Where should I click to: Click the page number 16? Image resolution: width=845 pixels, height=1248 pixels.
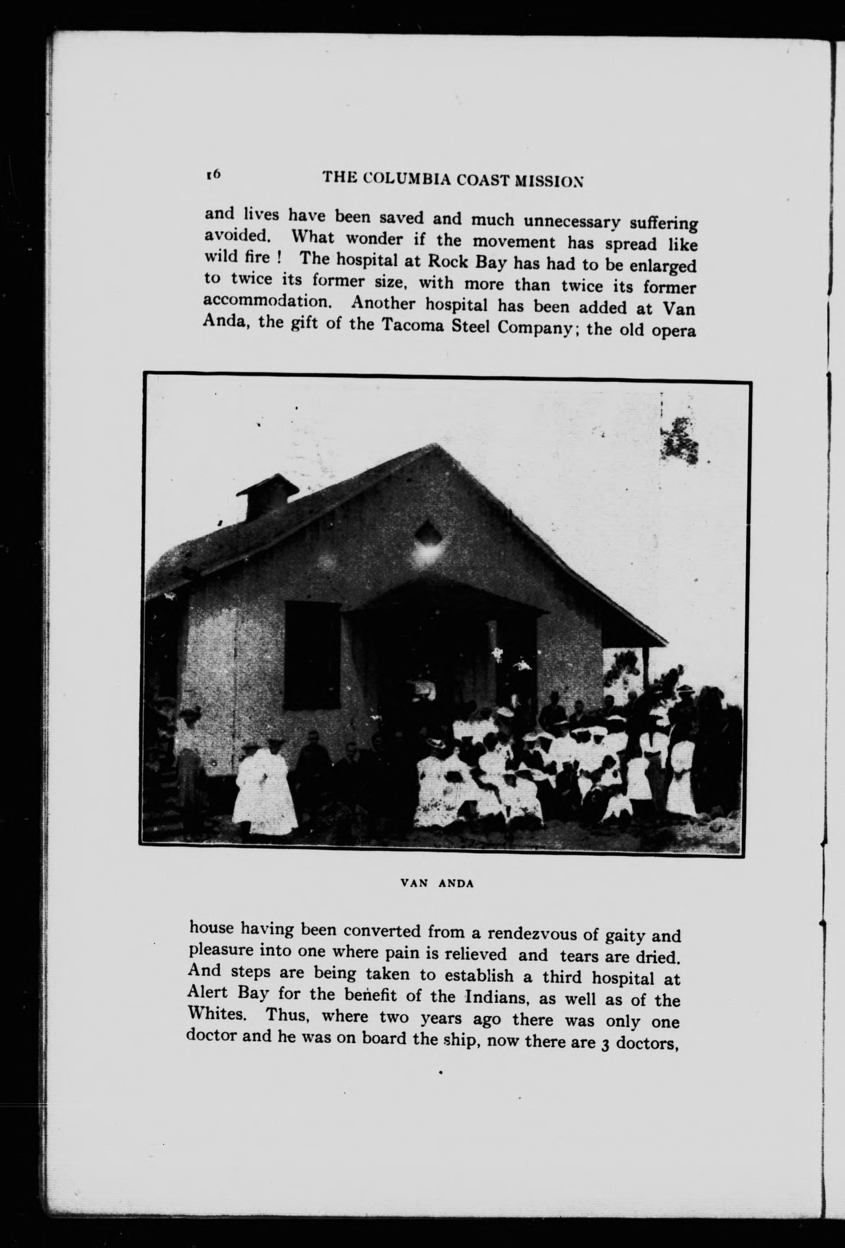213,174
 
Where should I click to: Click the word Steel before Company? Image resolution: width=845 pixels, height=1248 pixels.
471,327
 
